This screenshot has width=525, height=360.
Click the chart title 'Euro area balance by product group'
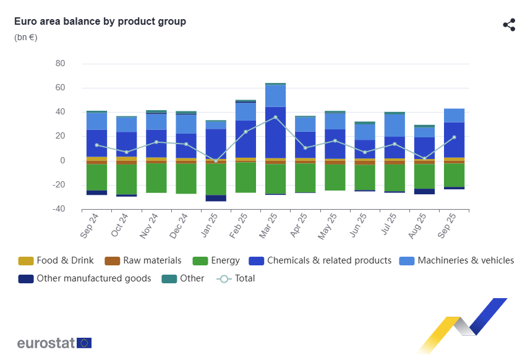[100, 22]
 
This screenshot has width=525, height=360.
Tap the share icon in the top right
[509, 25]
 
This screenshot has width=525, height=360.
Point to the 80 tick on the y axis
[60, 64]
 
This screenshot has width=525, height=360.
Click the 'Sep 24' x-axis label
[90, 226]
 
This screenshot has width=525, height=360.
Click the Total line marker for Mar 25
[275, 117]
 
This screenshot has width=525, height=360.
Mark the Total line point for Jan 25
[216, 161]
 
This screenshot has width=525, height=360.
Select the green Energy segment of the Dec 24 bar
[186, 179]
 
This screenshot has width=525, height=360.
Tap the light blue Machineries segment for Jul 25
[395, 126]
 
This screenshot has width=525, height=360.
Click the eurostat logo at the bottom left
[54, 343]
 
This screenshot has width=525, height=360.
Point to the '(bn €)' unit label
[26, 37]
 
